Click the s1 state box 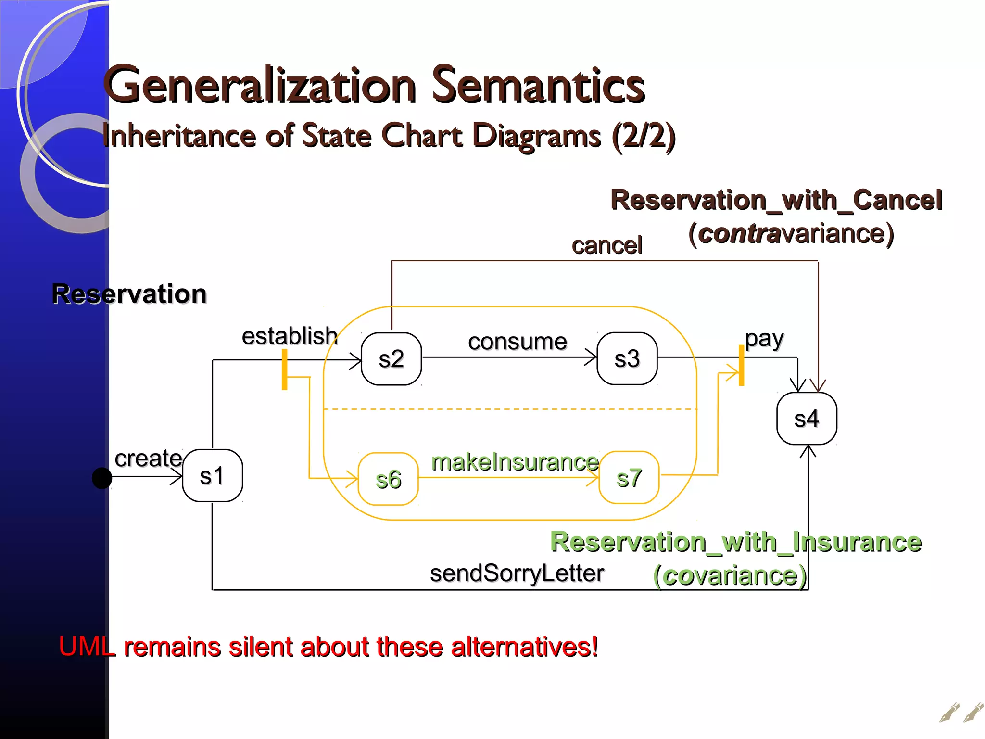point(212,476)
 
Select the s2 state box point(391,359)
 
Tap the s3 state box point(627,358)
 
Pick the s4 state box point(807,419)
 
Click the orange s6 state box point(388,479)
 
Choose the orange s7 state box point(629,478)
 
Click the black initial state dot point(102,478)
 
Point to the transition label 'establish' point(290,336)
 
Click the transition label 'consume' point(518,342)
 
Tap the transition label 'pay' point(764,339)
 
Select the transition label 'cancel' point(606,245)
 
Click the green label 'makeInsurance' point(515,462)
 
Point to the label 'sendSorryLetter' point(517,573)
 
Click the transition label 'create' point(148,458)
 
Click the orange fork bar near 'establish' point(285,369)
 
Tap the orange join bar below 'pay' point(741,366)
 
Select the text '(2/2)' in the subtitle point(644,136)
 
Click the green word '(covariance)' point(730,575)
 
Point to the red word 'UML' point(87,646)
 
